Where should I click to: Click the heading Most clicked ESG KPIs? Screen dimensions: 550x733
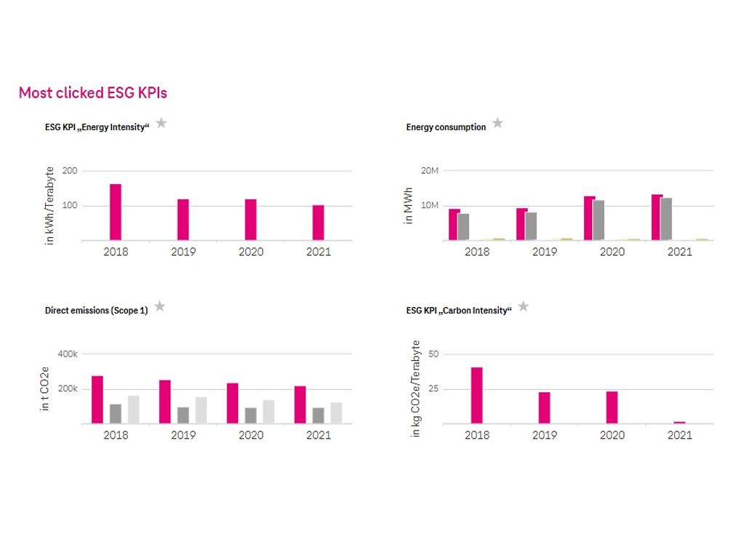(x=93, y=93)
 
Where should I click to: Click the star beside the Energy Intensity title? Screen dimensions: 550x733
(x=161, y=123)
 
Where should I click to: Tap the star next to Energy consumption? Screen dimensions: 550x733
(x=497, y=123)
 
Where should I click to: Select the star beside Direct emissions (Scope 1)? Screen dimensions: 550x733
(x=160, y=306)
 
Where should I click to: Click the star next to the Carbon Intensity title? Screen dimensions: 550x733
(x=523, y=306)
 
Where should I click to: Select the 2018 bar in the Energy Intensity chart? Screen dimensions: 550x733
(x=116, y=212)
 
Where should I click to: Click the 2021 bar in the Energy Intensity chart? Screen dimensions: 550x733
(x=319, y=222)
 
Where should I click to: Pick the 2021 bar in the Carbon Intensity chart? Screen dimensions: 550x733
(x=679, y=422)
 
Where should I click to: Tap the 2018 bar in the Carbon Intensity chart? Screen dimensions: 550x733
(x=477, y=395)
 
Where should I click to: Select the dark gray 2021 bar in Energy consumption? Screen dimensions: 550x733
(x=666, y=219)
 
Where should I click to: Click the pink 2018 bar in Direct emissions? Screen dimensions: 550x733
(x=97, y=399)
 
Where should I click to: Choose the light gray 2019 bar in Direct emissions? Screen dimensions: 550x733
(x=201, y=410)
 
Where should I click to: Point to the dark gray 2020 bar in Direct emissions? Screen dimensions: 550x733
(x=251, y=415)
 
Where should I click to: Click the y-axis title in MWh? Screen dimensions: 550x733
(x=409, y=206)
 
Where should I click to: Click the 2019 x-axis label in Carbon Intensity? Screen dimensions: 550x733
(x=545, y=435)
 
